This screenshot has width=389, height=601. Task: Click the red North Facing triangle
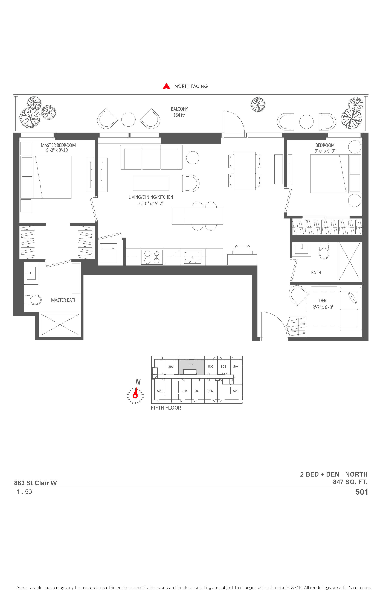click(x=166, y=86)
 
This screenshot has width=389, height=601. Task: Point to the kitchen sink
click(x=193, y=257)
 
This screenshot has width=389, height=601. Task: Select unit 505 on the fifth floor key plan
click(x=236, y=391)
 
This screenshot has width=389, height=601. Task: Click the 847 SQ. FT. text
click(x=350, y=482)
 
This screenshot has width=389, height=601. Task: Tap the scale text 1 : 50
click(x=24, y=492)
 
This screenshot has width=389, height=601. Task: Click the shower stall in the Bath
click(x=350, y=261)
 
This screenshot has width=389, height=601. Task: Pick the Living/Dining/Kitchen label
click(x=151, y=197)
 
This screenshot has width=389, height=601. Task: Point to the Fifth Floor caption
click(x=166, y=408)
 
